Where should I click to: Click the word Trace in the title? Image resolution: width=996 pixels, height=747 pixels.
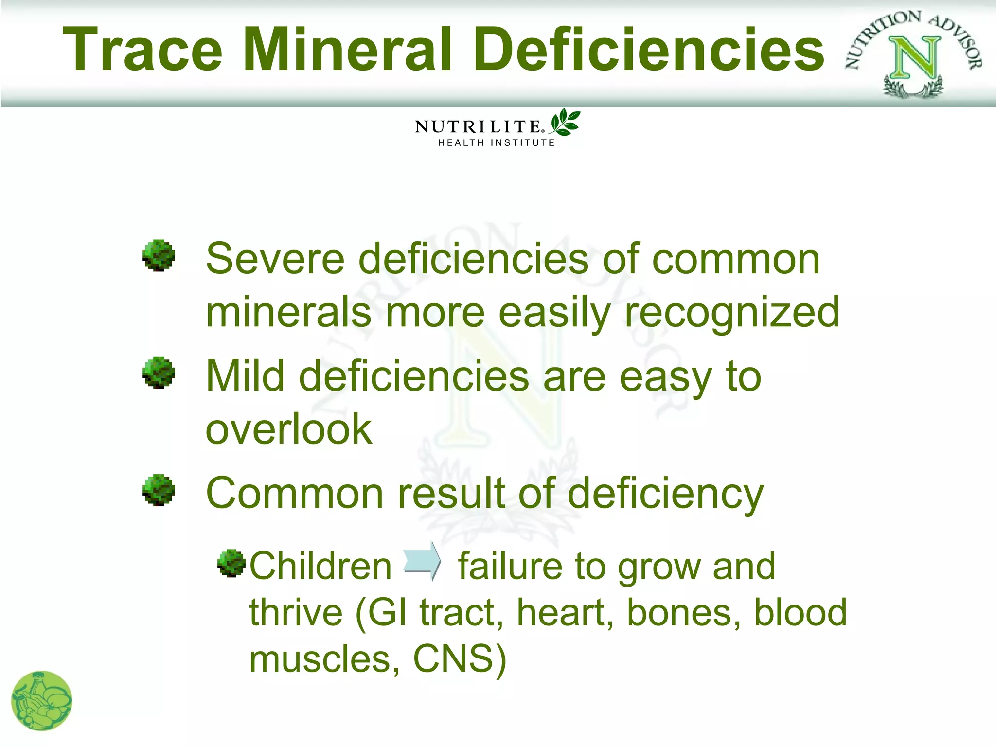point(142,50)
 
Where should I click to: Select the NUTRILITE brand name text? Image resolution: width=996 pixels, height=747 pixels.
point(478,127)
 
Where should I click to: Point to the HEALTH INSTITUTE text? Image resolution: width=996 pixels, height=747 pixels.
point(496,143)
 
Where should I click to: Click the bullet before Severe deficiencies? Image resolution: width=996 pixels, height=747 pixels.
point(159,255)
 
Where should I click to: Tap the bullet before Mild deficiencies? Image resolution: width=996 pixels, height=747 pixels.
point(159,373)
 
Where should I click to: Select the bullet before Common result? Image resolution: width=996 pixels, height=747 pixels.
point(159,490)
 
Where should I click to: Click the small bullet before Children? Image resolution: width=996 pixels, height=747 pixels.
point(231,563)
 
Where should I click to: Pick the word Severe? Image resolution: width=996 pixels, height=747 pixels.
point(275,259)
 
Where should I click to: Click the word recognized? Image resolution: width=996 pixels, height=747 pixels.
point(732,313)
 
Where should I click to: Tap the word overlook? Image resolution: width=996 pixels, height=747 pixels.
point(289,429)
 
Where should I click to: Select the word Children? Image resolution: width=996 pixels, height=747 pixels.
point(320,567)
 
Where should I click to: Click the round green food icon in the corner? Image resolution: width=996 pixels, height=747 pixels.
point(41,701)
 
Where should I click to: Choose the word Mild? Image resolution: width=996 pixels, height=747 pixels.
point(245,376)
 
